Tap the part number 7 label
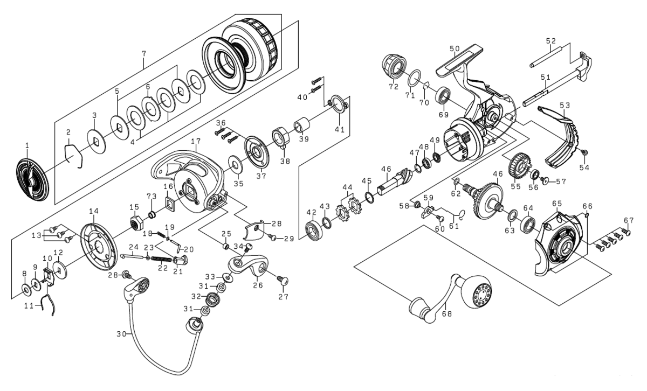click(143, 54)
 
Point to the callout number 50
click(454, 48)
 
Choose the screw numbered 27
click(282, 280)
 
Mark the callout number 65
click(556, 203)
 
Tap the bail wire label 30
click(121, 334)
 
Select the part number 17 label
click(195, 141)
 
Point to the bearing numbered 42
click(313, 229)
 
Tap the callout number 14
click(94, 211)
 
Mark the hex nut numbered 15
click(134, 221)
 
